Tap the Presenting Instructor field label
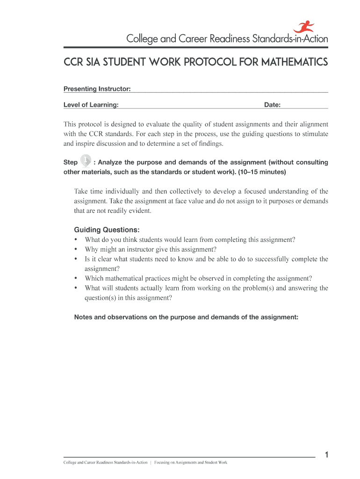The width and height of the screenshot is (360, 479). click(97, 89)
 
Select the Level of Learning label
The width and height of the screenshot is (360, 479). click(91, 105)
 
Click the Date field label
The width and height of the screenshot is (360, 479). click(272, 105)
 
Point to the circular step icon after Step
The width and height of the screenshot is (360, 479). click(86, 161)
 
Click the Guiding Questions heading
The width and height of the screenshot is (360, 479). click(107, 230)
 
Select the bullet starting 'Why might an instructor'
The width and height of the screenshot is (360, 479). click(151, 249)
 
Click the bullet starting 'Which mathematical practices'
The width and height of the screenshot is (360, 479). click(198, 278)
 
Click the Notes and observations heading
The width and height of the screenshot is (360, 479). click(186, 317)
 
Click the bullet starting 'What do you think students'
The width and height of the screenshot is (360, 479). click(190, 239)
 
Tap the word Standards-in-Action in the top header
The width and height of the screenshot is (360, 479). click(290, 39)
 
